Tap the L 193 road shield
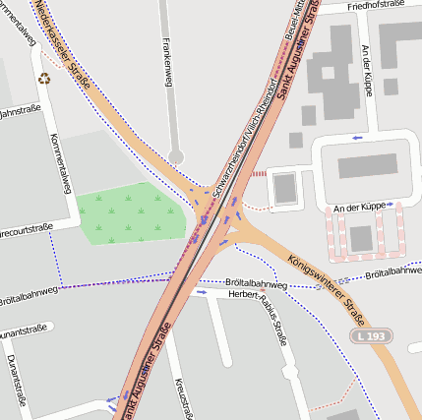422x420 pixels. [x=371, y=336]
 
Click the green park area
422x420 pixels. [x=130, y=214]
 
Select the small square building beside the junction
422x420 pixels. [x=284, y=188]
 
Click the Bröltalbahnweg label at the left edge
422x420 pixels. [x=28, y=290]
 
